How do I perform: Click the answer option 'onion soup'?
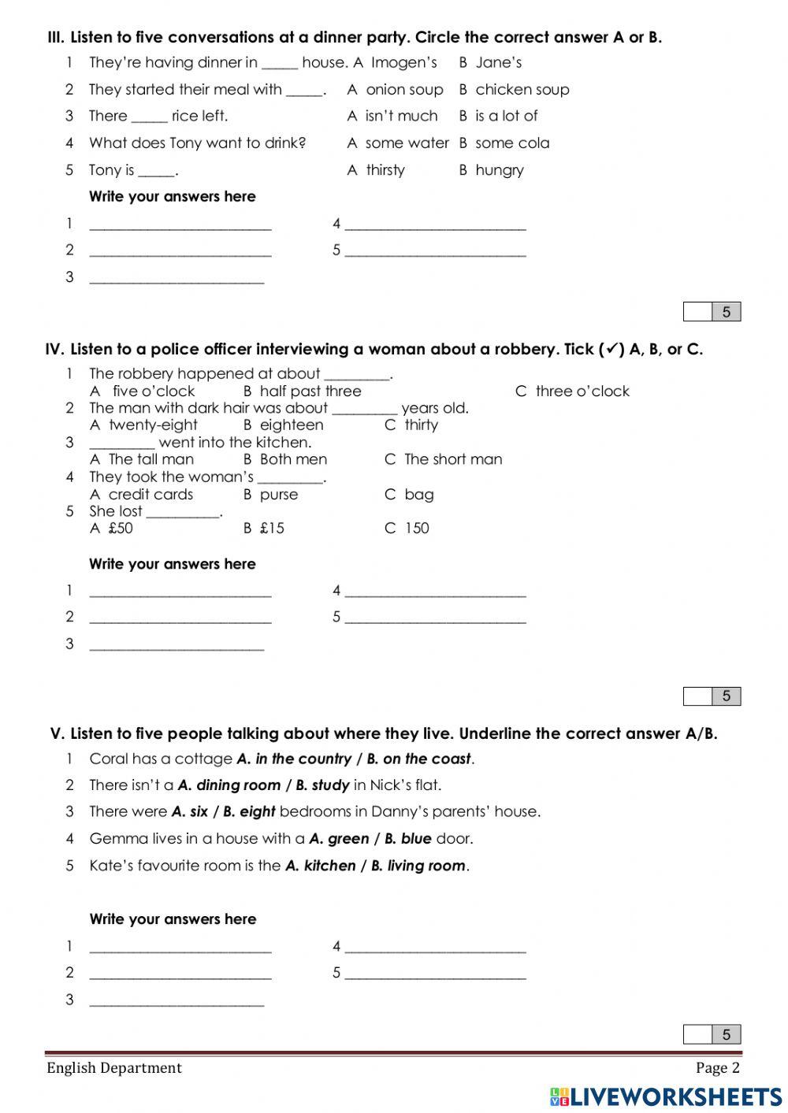[x=404, y=90]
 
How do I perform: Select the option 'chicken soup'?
[x=522, y=90]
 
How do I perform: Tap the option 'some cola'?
[x=512, y=143]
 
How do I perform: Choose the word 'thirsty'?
[x=385, y=170]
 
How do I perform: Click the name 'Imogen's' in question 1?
[x=403, y=63]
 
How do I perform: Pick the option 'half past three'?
[x=310, y=391]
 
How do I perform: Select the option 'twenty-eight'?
[x=153, y=425]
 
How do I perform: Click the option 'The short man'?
[x=453, y=460]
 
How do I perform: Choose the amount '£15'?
[x=272, y=529]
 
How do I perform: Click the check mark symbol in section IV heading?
[x=614, y=349]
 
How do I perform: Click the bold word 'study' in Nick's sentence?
[x=330, y=785]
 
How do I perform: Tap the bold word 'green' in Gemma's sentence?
[x=348, y=839]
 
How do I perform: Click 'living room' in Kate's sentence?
[x=426, y=866]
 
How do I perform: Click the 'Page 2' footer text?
[x=717, y=1068]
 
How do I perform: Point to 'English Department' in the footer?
[x=114, y=1068]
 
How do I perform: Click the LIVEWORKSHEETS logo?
[x=666, y=1096]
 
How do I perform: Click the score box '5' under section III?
[x=726, y=312]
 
